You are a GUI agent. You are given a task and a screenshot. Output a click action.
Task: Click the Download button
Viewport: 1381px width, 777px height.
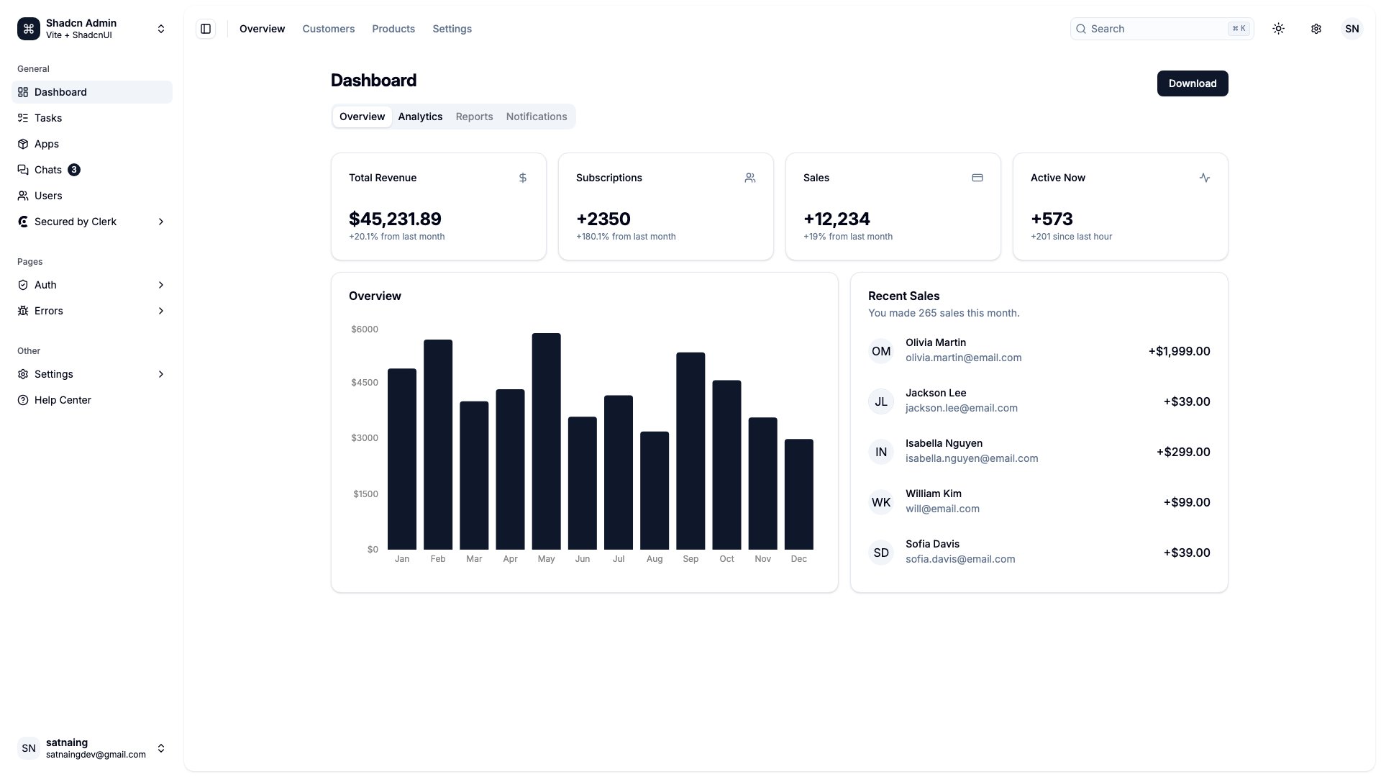pos(1192,83)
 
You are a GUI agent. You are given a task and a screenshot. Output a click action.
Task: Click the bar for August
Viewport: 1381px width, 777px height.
pos(654,491)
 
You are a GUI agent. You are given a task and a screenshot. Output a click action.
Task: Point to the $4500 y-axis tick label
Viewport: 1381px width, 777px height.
pos(364,383)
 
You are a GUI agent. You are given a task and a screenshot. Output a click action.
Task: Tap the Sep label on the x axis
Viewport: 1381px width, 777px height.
pos(690,559)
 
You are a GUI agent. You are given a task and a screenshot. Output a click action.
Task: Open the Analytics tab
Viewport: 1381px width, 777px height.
pos(420,117)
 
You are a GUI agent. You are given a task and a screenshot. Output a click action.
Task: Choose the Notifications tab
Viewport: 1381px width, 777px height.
pos(536,117)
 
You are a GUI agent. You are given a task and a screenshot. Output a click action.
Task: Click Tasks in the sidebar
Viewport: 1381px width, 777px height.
pos(48,118)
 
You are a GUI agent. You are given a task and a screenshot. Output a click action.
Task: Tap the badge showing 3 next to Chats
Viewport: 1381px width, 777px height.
pos(73,170)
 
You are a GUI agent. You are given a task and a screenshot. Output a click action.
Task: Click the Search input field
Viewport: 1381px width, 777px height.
pos(1151,29)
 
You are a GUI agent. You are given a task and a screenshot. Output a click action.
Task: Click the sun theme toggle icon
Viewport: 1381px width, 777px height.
pos(1278,29)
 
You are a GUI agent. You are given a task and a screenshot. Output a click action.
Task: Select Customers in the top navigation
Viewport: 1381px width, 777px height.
pos(328,29)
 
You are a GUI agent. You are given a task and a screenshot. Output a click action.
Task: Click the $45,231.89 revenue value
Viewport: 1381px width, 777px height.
pos(395,219)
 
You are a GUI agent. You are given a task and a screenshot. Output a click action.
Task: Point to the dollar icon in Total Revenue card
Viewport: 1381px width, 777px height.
pos(523,178)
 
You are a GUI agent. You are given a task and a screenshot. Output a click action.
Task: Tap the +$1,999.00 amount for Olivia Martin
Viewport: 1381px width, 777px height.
pos(1179,351)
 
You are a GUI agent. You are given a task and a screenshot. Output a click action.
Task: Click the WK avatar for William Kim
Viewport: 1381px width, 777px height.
pos(880,502)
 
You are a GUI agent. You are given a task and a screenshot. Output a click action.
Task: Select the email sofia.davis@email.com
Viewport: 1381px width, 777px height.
pos(960,559)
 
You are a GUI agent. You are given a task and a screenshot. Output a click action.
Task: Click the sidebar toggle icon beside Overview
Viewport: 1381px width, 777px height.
pos(206,29)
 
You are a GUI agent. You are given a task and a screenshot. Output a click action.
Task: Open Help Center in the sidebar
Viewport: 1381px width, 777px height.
pos(63,400)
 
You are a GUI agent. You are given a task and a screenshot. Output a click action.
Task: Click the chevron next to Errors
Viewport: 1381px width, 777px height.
pos(160,311)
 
